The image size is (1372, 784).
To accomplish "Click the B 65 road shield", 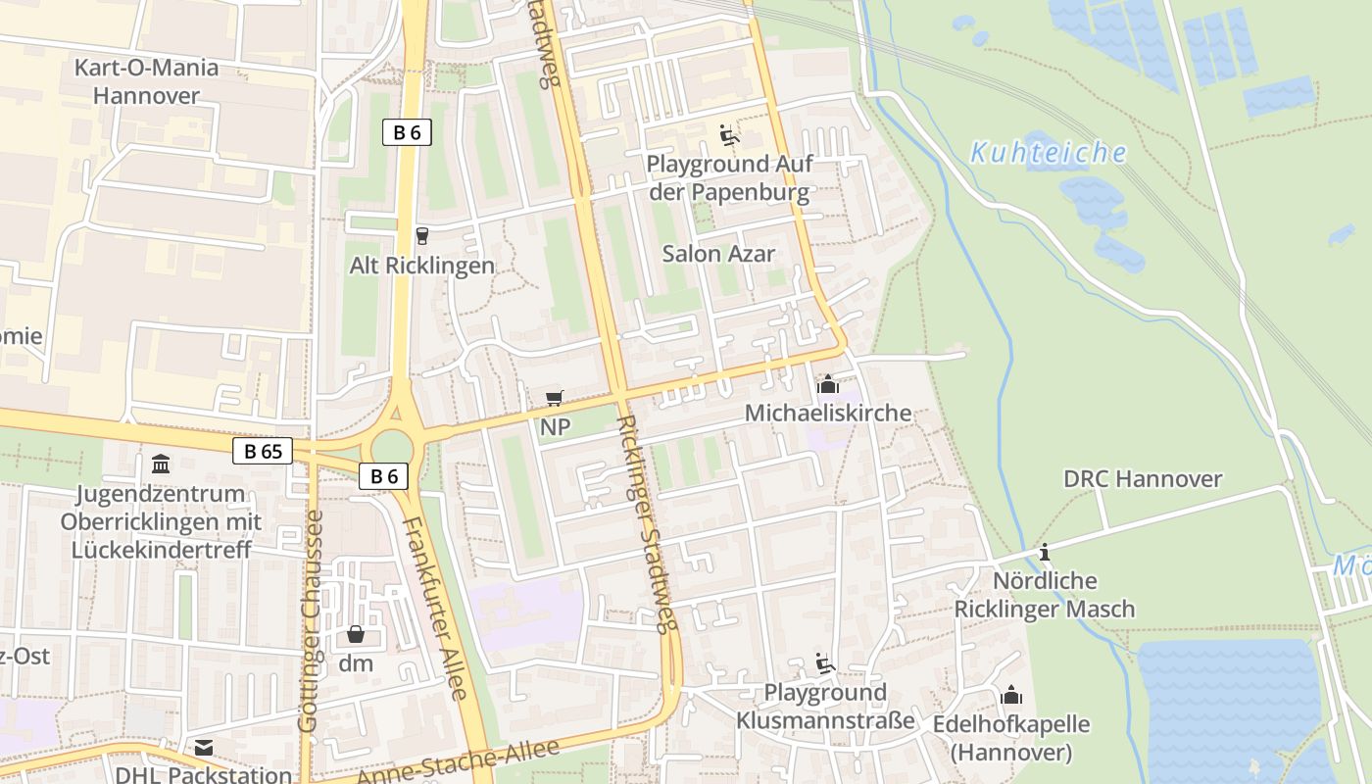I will [263, 451].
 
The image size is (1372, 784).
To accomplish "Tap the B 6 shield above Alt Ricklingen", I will [407, 132].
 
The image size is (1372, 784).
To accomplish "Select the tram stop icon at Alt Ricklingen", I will [422, 235].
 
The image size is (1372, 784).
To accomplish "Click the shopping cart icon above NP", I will [555, 398].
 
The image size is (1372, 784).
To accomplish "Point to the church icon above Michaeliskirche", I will [828, 383].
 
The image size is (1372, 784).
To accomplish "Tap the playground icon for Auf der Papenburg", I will [728, 134].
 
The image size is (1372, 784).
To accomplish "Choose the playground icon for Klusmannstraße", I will [825, 663].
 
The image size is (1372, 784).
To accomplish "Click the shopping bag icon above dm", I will [356, 634].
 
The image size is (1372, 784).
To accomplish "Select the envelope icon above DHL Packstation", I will [204, 748].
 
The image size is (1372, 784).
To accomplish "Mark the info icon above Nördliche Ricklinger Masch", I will [1045, 552].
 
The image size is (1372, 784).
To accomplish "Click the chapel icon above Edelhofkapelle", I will [1011, 696].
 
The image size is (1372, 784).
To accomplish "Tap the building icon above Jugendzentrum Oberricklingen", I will [161, 463].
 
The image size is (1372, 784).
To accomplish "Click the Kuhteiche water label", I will [1048, 153].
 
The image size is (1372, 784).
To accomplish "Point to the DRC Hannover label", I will [1143, 479].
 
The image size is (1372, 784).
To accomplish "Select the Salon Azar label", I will [718, 254].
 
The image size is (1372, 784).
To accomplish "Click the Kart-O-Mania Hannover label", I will [147, 81].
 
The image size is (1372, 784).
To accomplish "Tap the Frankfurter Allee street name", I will [436, 608].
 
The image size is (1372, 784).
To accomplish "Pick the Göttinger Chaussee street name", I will [308, 619].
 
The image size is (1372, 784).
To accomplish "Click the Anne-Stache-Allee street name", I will [458, 761].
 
